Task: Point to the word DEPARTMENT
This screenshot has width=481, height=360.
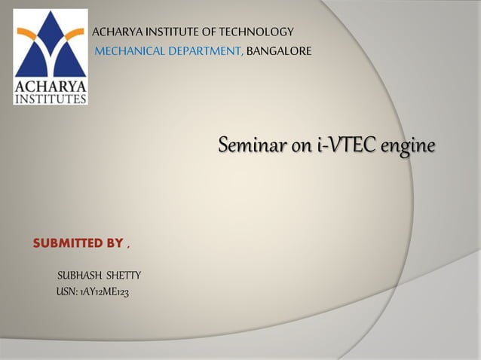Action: tap(204, 50)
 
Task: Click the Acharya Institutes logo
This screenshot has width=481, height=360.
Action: tap(51, 56)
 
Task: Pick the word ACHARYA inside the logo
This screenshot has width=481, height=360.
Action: tap(51, 86)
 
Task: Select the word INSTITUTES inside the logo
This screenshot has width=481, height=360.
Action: tap(51, 98)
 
